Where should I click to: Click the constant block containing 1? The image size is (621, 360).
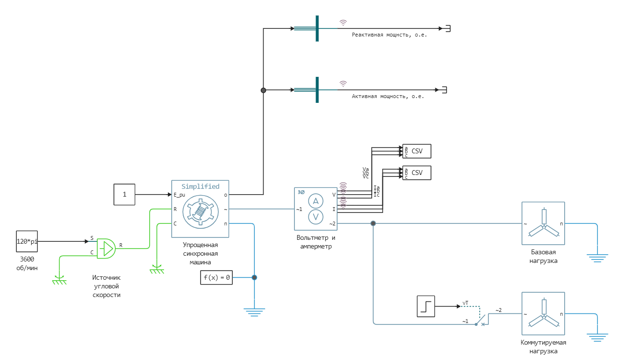click(125, 194)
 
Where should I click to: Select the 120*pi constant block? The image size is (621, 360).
click(27, 241)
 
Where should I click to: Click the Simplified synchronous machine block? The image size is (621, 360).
click(200, 209)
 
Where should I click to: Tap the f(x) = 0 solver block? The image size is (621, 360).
click(216, 277)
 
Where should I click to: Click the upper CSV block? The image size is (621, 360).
click(417, 151)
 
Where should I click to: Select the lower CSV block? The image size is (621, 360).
click(417, 173)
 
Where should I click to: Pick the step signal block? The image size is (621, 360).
click(426, 306)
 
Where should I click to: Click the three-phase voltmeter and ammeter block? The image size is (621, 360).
click(316, 209)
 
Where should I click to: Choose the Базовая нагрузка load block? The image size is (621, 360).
click(543, 223)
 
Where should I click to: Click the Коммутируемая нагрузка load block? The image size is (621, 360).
click(543, 313)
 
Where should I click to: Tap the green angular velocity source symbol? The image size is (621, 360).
click(106, 248)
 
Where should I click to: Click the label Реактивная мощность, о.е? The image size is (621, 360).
click(389, 35)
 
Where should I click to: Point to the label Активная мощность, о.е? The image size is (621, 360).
click(388, 96)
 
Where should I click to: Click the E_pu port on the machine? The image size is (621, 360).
click(179, 195)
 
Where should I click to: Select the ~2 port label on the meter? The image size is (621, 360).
click(332, 223)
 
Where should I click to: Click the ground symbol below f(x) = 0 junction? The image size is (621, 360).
click(254, 311)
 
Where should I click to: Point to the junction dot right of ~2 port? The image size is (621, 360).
click(373, 223)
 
